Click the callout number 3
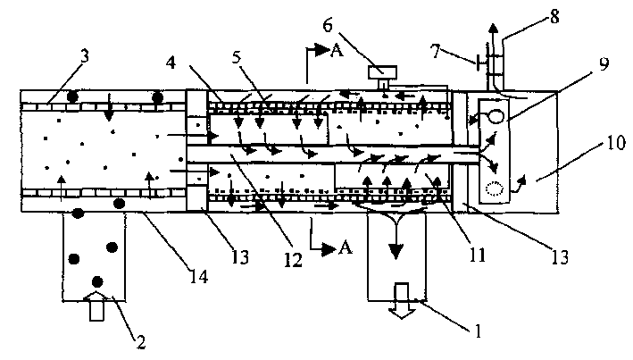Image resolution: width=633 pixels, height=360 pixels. (x=85, y=57)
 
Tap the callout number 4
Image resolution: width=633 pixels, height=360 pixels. (x=171, y=63)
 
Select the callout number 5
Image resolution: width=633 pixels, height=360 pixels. (x=237, y=57)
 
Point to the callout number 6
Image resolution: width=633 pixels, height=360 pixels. (x=328, y=25)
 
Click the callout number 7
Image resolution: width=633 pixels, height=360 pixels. (x=435, y=52)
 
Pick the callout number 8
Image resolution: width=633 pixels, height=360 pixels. (x=554, y=17)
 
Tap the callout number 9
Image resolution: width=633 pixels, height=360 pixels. (x=604, y=63)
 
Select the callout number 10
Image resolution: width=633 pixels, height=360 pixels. (x=616, y=143)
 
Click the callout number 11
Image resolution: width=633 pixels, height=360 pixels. (x=478, y=255)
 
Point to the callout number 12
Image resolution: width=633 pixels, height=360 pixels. (x=293, y=260)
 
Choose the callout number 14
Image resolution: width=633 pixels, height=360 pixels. (x=200, y=276)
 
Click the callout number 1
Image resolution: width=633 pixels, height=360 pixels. (x=478, y=331)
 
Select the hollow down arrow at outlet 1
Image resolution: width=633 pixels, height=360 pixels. (x=402, y=301)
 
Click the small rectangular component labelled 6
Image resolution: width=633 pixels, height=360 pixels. (x=382, y=72)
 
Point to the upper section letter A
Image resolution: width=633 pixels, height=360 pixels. (x=337, y=51)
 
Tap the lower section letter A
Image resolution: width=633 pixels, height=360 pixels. (x=345, y=247)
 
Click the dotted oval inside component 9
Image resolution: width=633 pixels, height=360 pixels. (x=495, y=188)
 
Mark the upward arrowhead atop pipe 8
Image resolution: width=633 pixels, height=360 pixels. (x=493, y=29)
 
